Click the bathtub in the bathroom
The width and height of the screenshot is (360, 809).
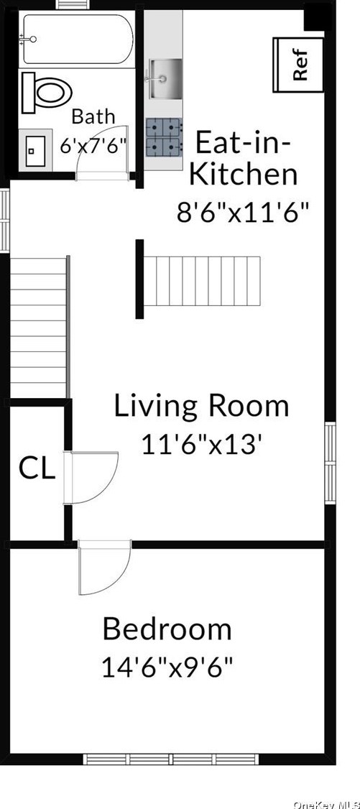[x=77, y=40]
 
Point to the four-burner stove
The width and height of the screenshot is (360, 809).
[x=165, y=137]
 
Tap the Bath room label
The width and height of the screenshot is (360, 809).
[x=93, y=116]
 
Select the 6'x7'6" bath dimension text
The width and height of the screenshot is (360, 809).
[x=93, y=144]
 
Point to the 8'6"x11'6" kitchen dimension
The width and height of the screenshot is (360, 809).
[x=244, y=211]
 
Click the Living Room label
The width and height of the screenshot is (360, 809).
[x=201, y=406]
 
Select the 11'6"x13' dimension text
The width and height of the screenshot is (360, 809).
[x=199, y=445]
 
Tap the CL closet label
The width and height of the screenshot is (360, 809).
[x=37, y=468]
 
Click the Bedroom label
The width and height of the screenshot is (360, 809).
[x=167, y=629]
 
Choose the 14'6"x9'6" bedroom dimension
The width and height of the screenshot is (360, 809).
[x=167, y=668]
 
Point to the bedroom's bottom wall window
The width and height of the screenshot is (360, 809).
[x=171, y=759]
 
